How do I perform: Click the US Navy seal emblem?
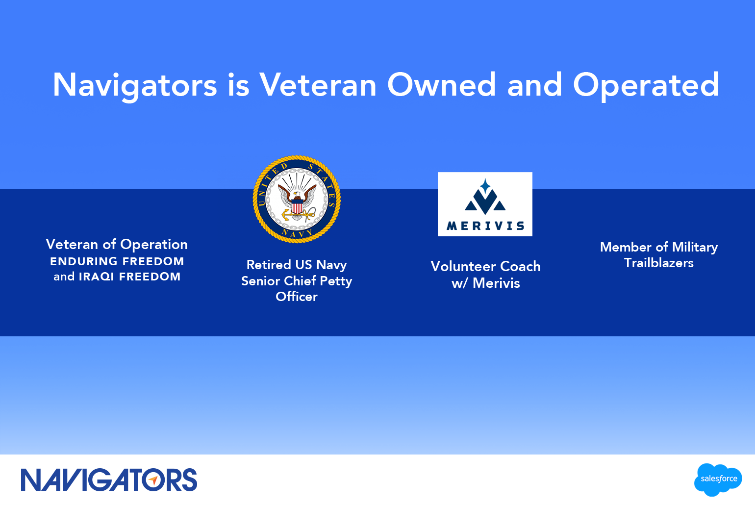click(297, 199)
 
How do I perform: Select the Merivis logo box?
click(485, 204)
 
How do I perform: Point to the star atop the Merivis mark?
click(485, 186)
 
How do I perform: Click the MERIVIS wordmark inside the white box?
click(485, 226)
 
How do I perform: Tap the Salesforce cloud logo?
click(718, 480)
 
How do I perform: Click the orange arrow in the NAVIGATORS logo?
click(153, 480)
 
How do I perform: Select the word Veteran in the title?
click(317, 85)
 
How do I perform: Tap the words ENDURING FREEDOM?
click(117, 261)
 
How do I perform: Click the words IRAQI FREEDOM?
click(130, 277)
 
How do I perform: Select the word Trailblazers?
click(658, 263)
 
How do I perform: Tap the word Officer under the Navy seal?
click(297, 297)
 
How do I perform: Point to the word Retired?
click(268, 265)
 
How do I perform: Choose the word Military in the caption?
click(695, 248)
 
